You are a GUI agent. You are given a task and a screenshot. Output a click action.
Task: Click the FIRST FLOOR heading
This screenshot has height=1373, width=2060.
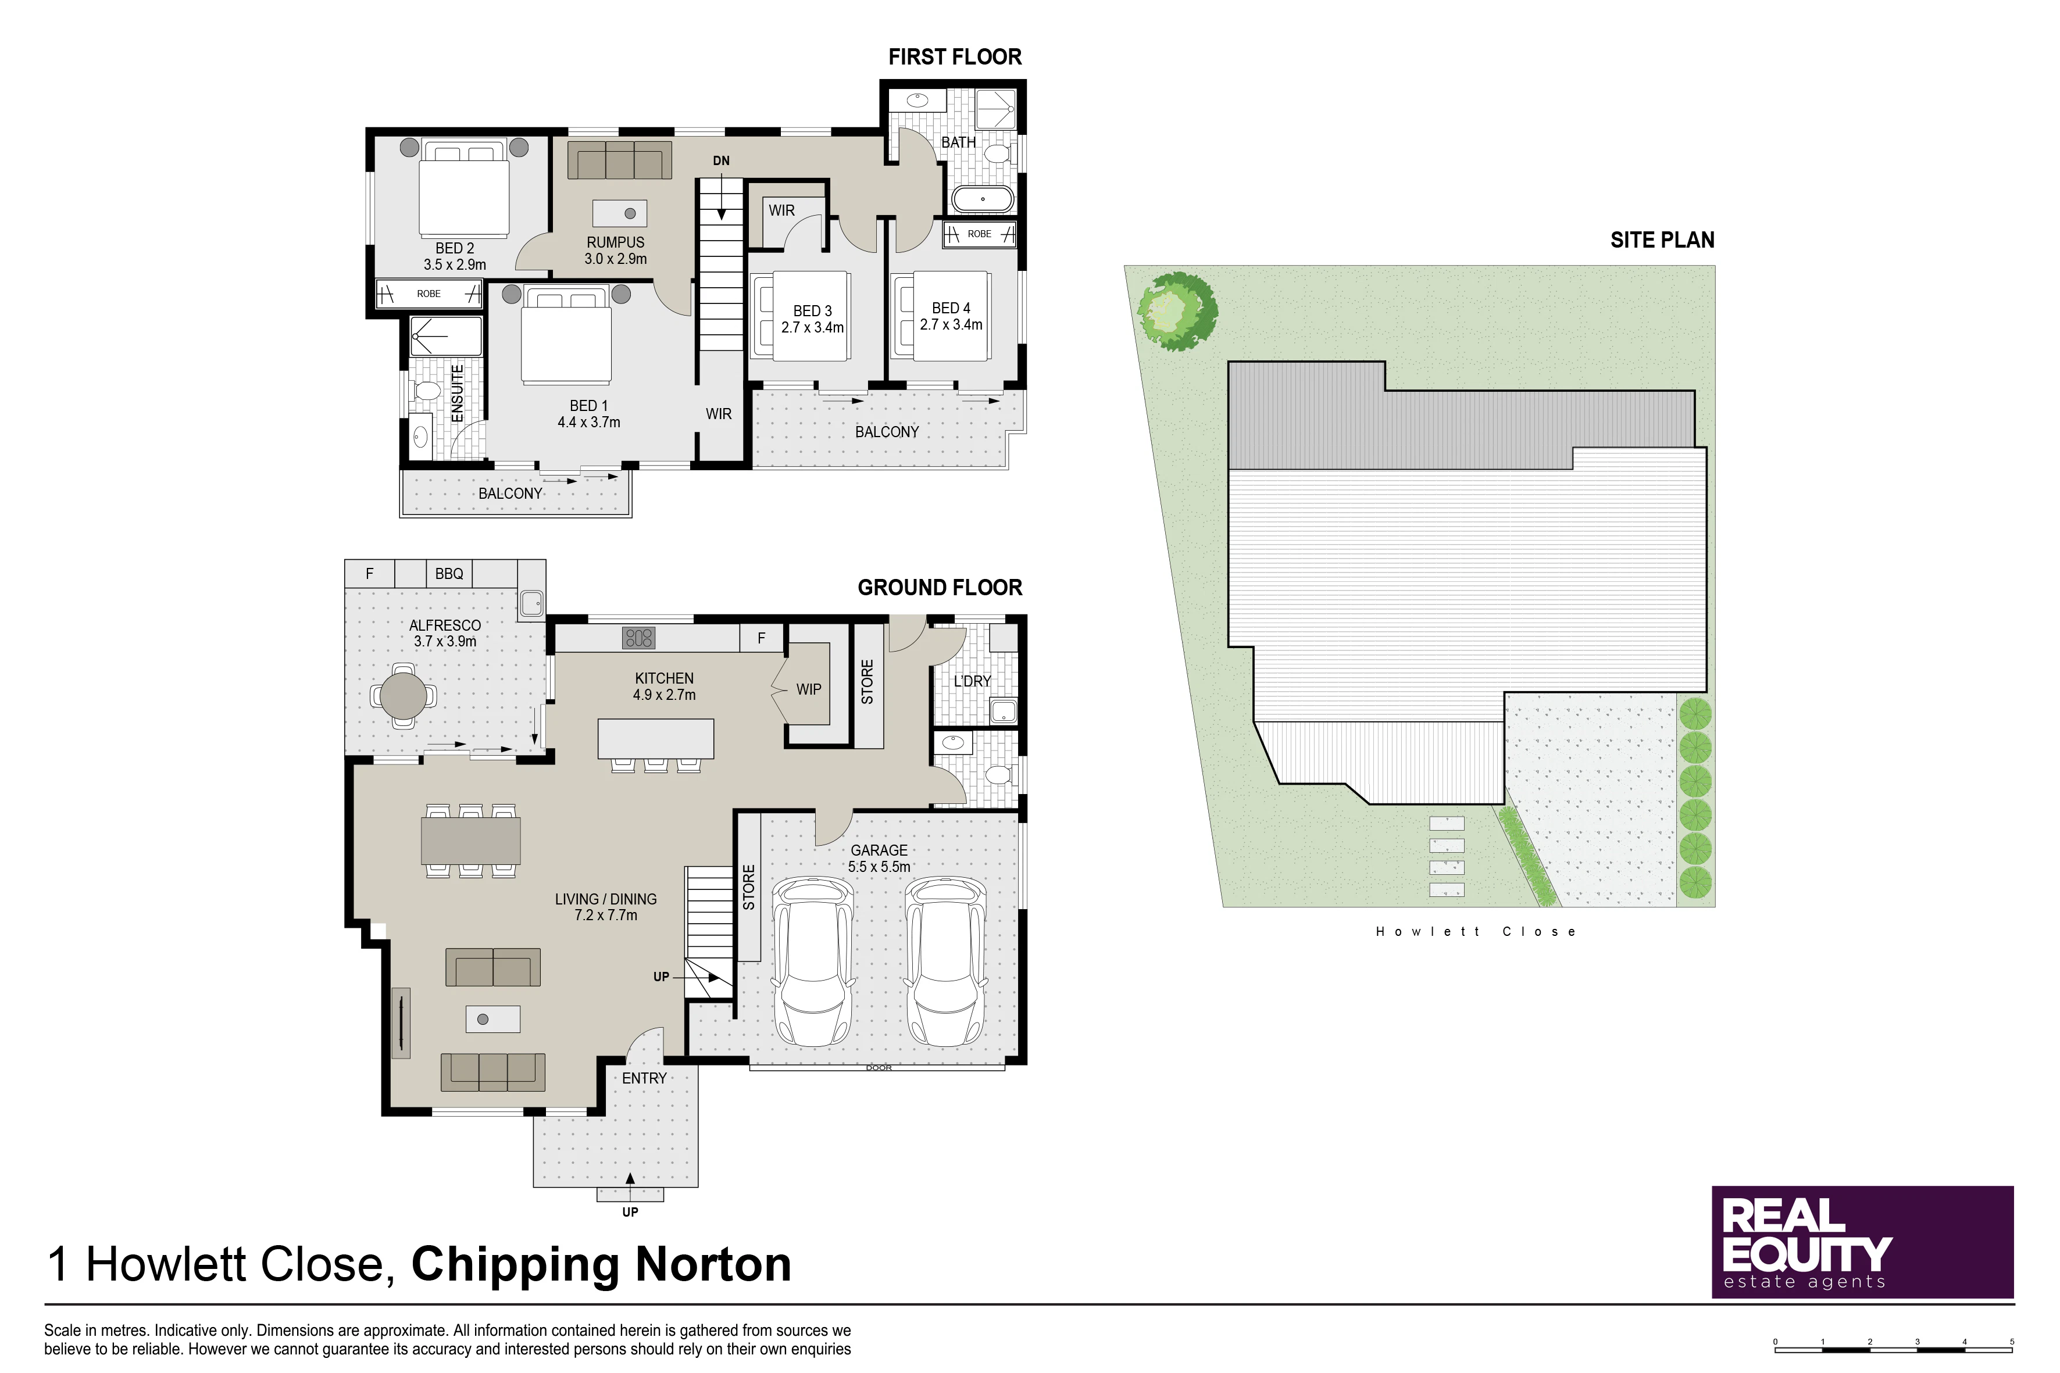[x=955, y=57]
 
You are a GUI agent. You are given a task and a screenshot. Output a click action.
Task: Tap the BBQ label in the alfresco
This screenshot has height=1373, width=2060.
[x=449, y=574]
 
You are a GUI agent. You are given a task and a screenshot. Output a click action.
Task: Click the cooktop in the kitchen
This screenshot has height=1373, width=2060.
[x=638, y=638]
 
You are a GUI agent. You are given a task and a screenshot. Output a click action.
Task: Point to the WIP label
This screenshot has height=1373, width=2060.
[x=808, y=690]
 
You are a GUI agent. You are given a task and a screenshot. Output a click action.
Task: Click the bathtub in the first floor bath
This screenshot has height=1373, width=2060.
[x=983, y=199]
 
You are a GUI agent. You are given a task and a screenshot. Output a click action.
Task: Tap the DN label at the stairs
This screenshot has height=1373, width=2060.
[x=721, y=161]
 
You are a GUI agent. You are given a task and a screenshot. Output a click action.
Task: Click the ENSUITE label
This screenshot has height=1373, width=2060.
[x=457, y=394]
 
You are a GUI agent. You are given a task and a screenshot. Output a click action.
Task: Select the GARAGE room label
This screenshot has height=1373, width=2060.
[x=879, y=850]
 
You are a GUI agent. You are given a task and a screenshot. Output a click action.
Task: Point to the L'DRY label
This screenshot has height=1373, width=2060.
[x=972, y=681]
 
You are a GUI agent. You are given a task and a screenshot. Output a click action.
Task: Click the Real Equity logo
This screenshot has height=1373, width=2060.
[x=1863, y=1242]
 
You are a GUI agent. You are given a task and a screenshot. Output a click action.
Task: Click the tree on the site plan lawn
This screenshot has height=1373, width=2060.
[x=1177, y=311]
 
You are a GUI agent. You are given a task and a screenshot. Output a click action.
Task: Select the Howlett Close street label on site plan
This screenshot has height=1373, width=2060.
[x=1476, y=932]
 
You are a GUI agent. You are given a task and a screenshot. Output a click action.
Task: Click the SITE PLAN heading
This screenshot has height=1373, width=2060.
[x=1662, y=240]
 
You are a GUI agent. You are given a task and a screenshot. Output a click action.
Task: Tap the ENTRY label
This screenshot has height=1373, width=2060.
[x=645, y=1079]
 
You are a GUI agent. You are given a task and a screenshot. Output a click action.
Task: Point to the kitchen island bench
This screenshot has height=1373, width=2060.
[x=656, y=738]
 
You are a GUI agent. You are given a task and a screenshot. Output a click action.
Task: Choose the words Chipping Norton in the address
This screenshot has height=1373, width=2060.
[x=602, y=1265]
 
